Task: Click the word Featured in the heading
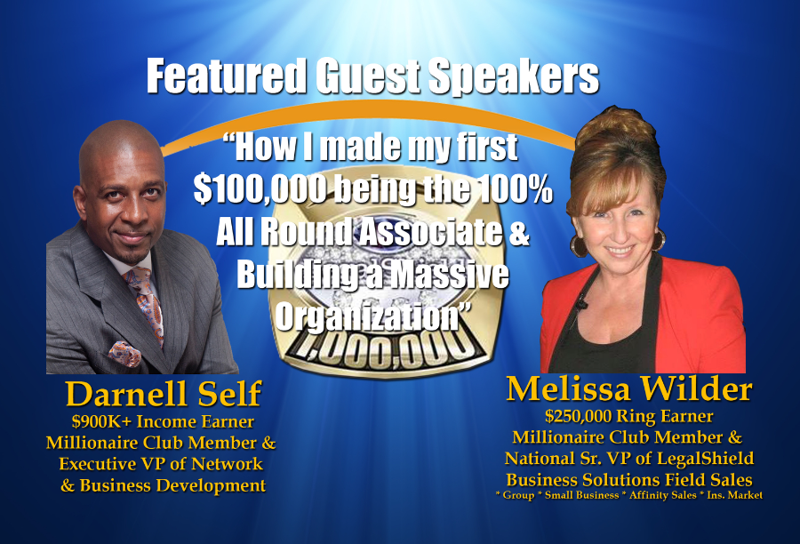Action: (x=227, y=76)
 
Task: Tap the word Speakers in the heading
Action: (x=513, y=76)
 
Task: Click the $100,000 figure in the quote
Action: (x=260, y=190)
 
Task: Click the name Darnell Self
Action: (x=164, y=394)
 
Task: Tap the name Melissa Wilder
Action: (x=629, y=388)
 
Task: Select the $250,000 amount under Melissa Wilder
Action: (x=578, y=416)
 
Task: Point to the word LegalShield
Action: (x=705, y=459)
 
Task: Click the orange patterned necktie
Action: (x=146, y=305)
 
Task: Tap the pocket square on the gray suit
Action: (x=125, y=354)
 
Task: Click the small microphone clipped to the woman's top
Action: (x=580, y=305)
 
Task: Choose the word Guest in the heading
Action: (x=368, y=76)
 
